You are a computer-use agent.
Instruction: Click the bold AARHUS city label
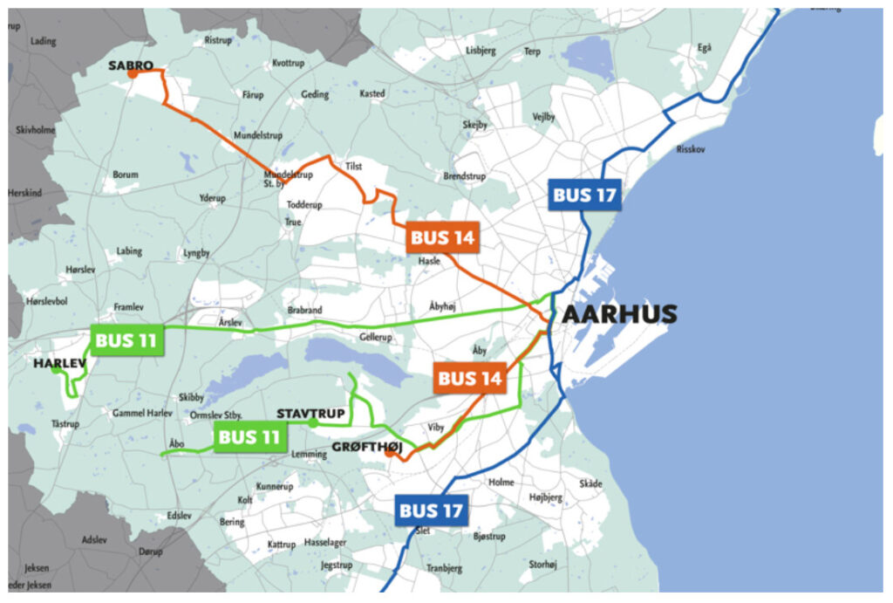pos(619,315)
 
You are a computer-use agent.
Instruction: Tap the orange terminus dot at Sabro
pos(133,74)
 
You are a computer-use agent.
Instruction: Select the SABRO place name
pos(131,65)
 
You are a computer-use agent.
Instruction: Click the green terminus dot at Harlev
pos(57,370)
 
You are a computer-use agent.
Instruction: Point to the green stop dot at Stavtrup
pos(313,423)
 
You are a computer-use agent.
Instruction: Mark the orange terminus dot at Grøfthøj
pos(388,452)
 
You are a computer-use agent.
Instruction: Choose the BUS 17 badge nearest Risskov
pos(584,195)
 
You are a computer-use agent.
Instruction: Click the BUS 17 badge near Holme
pos(431,510)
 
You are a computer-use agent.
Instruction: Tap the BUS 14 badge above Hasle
pos(442,238)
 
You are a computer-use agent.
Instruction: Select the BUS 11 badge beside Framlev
pos(126,340)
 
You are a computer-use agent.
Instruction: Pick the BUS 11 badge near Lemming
pos(249,437)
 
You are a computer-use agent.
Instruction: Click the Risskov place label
pos(692,149)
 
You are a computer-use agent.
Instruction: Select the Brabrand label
pos(304,311)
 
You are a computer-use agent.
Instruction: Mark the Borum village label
pos(126,175)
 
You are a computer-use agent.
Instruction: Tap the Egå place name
pos(705,48)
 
